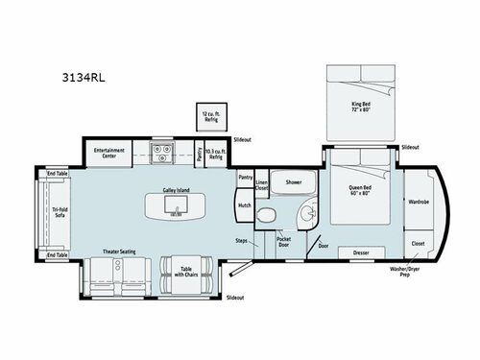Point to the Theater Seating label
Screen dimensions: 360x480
click(x=119, y=252)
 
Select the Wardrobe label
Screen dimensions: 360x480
click(x=419, y=203)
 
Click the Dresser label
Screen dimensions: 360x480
click(x=362, y=252)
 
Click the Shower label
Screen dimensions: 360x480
click(x=293, y=181)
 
